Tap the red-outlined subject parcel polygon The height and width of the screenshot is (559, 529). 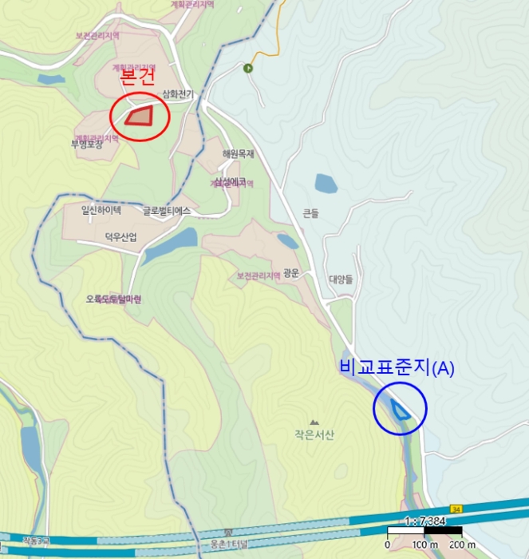[141, 116]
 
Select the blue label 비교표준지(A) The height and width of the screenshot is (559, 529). [397, 368]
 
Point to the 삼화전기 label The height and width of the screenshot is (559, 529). [178, 93]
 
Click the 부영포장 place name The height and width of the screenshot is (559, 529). [87, 145]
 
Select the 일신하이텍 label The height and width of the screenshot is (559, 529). [101, 211]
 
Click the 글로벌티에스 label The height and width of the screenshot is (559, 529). [167, 212]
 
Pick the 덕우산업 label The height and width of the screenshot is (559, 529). [121, 237]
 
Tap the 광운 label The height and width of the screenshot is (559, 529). [291, 272]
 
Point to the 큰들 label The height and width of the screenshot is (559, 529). [310, 213]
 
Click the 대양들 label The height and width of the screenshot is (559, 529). [341, 279]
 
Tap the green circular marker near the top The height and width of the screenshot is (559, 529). [248, 69]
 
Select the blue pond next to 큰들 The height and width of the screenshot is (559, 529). [326, 184]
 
